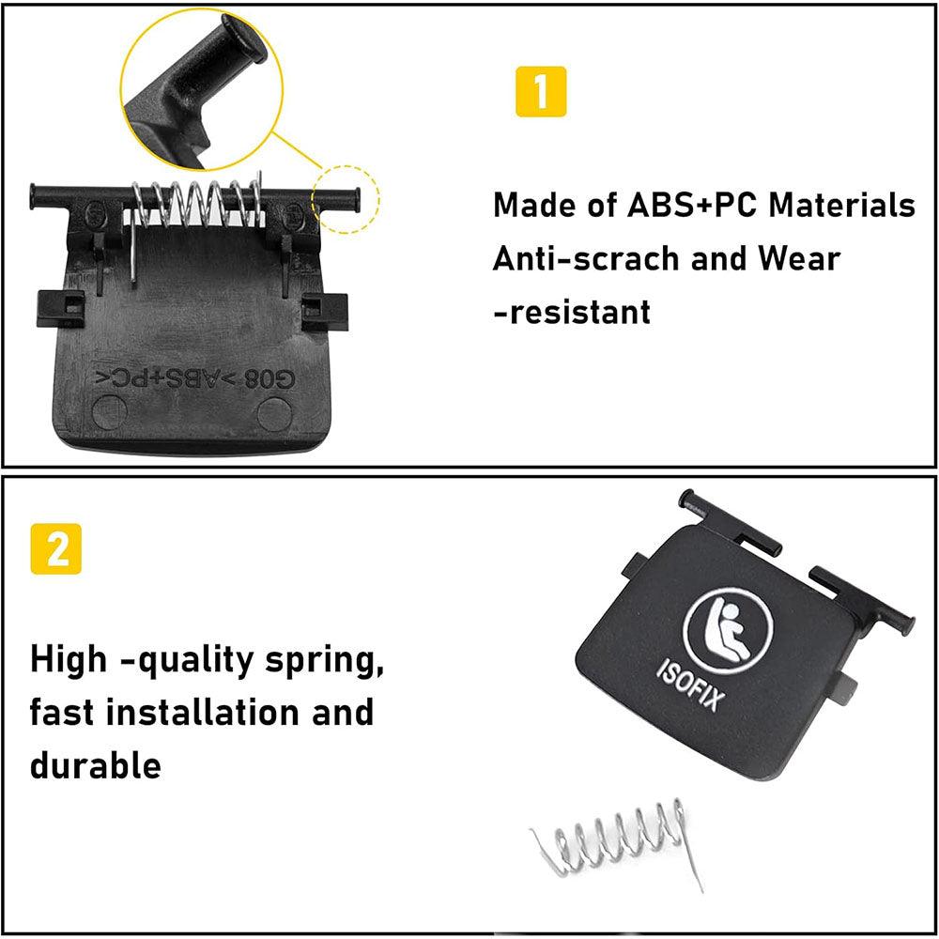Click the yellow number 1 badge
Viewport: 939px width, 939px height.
(541, 92)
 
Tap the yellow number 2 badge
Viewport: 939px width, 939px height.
(55, 548)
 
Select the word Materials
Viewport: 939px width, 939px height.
(842, 205)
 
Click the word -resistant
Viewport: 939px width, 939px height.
(572, 312)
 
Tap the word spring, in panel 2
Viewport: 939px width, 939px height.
(324, 661)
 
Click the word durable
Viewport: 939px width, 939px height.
(95, 764)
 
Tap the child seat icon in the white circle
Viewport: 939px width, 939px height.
(728, 625)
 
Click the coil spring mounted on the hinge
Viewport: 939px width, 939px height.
(197, 204)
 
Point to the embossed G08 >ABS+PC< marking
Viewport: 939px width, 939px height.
(196, 378)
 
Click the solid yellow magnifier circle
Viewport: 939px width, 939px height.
(202, 90)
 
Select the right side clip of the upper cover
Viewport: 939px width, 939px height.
(324, 312)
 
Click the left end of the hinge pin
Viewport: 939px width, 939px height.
(32, 197)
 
